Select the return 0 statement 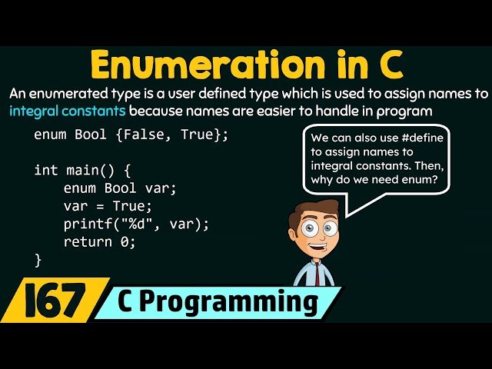(x=100, y=242)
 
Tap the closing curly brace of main (x=38, y=260)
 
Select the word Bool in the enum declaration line (x=91, y=135)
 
